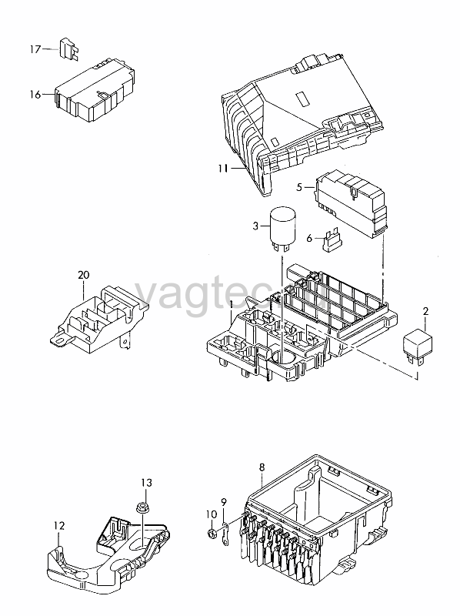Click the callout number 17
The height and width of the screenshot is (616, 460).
(35, 49)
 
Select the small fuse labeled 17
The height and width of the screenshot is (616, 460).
(69, 49)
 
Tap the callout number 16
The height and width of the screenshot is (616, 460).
(35, 94)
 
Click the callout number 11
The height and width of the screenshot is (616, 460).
(223, 169)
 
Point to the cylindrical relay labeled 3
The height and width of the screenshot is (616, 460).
(282, 228)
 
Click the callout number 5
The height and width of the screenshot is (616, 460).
(299, 187)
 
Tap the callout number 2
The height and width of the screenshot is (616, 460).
(425, 312)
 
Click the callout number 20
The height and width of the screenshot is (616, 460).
(84, 275)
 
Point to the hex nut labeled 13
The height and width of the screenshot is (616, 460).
(142, 507)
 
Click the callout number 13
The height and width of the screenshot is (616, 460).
(146, 483)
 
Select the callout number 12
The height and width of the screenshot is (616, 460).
(59, 526)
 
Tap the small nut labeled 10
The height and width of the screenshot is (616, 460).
(212, 533)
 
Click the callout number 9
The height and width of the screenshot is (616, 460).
(224, 502)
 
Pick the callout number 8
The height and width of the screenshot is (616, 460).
(262, 467)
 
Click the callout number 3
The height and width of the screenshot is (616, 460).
(256, 226)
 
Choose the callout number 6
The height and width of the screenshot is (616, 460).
(309, 239)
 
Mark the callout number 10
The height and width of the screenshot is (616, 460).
(212, 514)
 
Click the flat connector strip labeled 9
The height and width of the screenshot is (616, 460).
(225, 534)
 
